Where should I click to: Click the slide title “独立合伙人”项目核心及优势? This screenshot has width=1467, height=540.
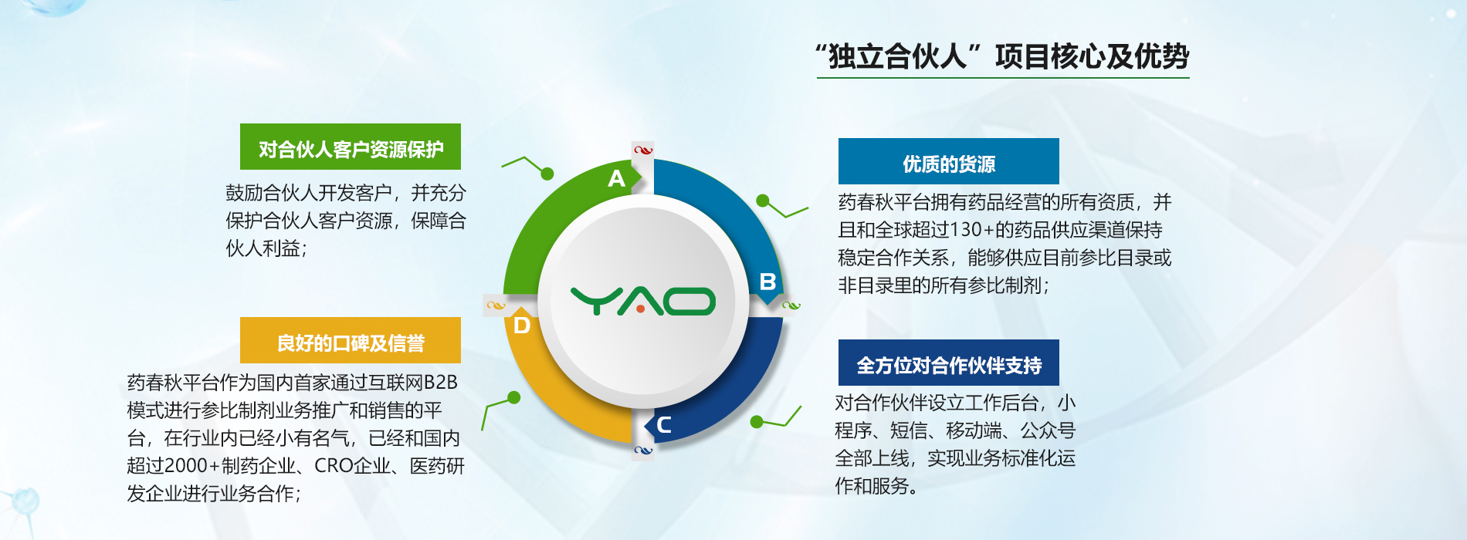[x=1002, y=56]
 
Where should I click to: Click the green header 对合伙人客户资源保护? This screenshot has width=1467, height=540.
[x=351, y=147]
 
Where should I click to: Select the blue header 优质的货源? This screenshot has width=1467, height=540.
[x=949, y=161]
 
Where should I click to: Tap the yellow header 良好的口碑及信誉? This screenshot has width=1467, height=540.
[x=351, y=340]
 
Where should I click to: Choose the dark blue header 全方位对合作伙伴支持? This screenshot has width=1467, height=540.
[x=949, y=363]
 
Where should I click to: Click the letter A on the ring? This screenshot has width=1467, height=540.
[x=616, y=178]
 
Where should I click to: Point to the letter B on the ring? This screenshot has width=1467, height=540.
[x=767, y=282]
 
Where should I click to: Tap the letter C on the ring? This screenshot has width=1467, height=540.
[x=663, y=424]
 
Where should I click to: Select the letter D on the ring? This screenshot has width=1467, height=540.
[x=522, y=326]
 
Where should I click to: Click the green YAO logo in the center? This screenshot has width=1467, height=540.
[x=643, y=302]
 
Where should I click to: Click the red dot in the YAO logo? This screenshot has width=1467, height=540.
[x=641, y=309]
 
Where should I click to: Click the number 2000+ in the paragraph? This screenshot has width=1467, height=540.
[x=192, y=466]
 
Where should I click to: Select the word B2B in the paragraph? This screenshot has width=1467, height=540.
[x=441, y=383]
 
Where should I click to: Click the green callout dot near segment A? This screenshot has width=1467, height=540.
[x=547, y=174]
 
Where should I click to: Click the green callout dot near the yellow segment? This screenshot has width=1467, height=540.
[x=514, y=397]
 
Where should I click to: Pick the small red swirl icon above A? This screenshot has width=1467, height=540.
[x=643, y=150]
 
